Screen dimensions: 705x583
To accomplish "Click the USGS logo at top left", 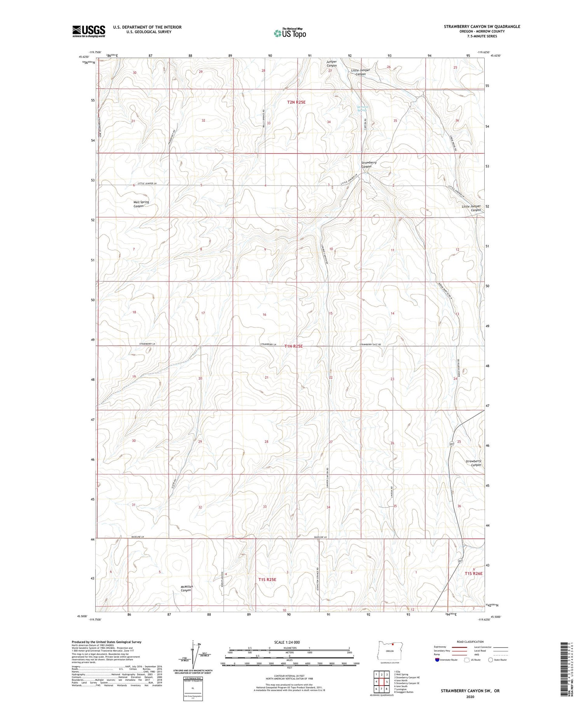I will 89,31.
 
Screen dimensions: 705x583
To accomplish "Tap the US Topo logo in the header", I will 290,33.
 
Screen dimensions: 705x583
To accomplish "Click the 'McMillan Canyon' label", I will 186,588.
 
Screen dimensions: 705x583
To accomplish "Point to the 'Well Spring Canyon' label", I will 141,204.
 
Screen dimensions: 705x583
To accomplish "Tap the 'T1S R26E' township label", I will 473,574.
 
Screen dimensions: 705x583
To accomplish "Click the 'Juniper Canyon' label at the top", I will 332,63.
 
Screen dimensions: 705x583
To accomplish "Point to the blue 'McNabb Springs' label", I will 362,108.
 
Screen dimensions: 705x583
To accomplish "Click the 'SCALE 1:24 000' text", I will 289,642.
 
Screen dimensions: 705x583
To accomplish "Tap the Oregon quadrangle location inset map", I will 390,651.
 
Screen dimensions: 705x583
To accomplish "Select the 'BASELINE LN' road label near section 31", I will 137,537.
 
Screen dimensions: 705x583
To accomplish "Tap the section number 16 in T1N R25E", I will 264,314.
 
